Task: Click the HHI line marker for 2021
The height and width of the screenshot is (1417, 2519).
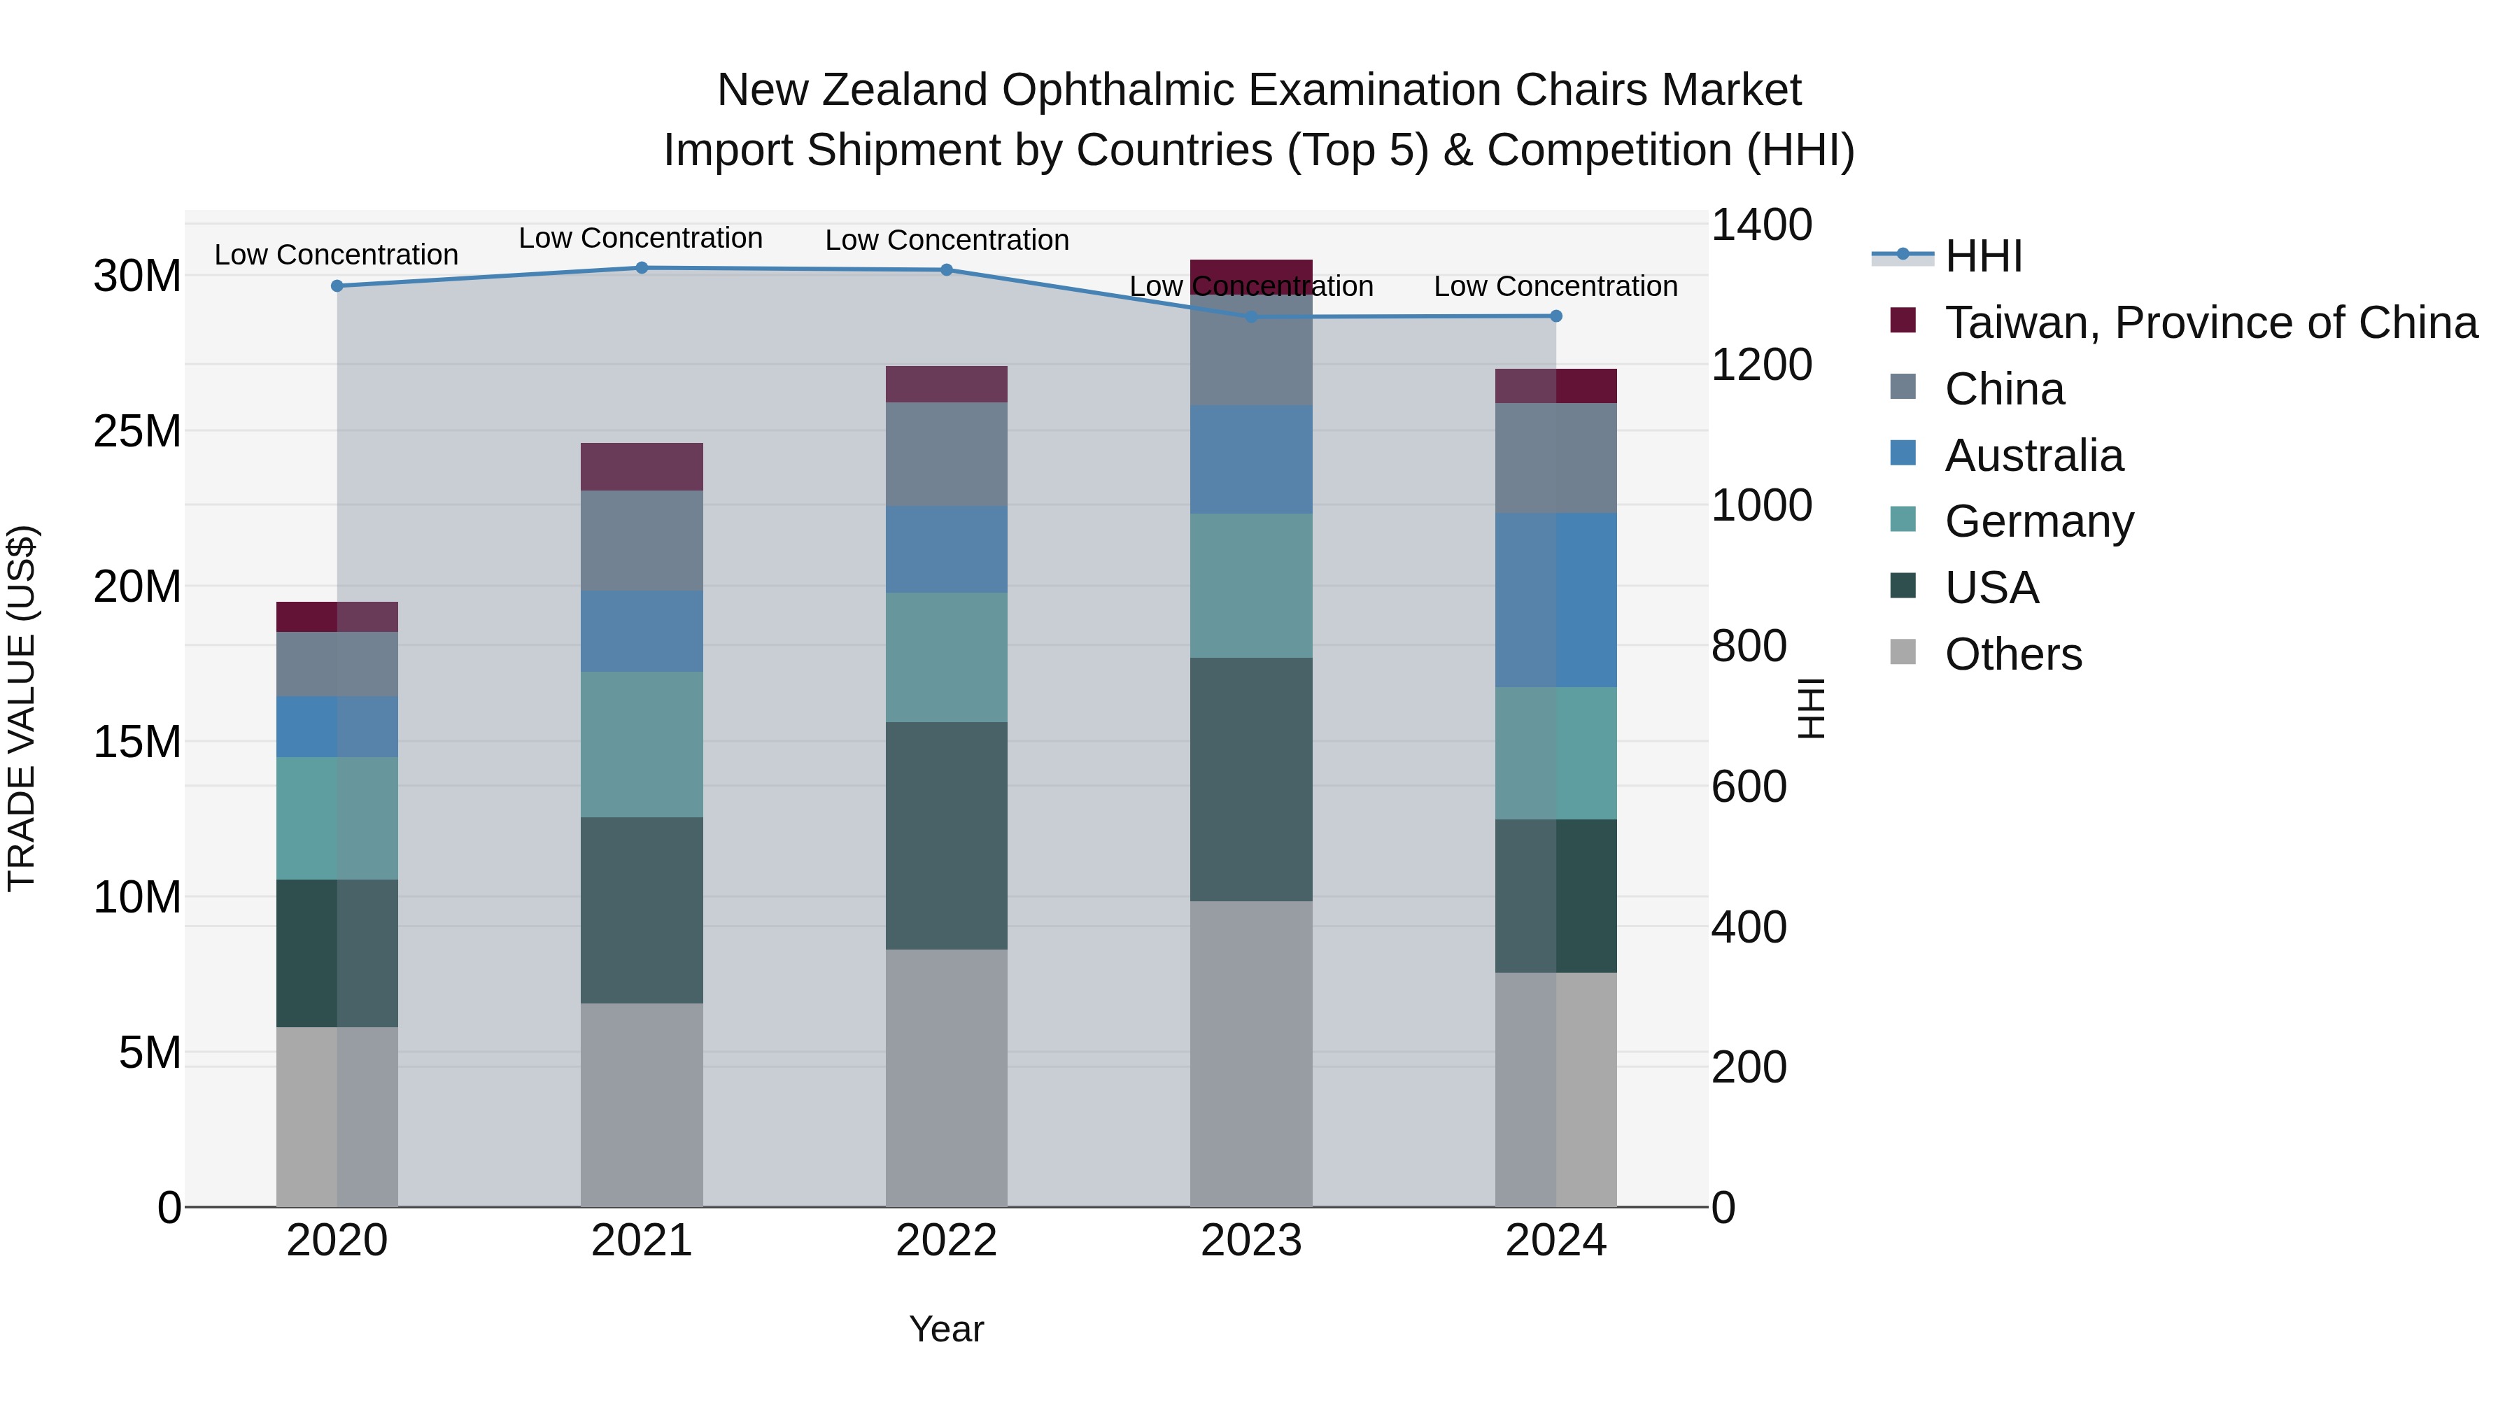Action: coord(642,268)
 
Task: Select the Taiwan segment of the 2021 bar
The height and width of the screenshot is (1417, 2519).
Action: coord(642,467)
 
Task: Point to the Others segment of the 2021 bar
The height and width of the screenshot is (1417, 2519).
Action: coord(642,1104)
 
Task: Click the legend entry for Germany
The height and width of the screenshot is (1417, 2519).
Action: coord(2039,521)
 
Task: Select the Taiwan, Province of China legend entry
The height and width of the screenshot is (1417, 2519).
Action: coord(2210,323)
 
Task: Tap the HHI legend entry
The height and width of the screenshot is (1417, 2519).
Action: coord(1982,256)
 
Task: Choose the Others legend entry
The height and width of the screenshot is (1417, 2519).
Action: coord(2012,654)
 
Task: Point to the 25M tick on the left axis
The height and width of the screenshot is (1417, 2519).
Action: coord(137,431)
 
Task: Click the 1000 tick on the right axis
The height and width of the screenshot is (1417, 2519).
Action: coord(1761,506)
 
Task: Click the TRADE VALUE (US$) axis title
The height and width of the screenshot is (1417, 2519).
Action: coord(22,708)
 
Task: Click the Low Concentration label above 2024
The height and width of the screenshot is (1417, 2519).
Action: coord(1555,286)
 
